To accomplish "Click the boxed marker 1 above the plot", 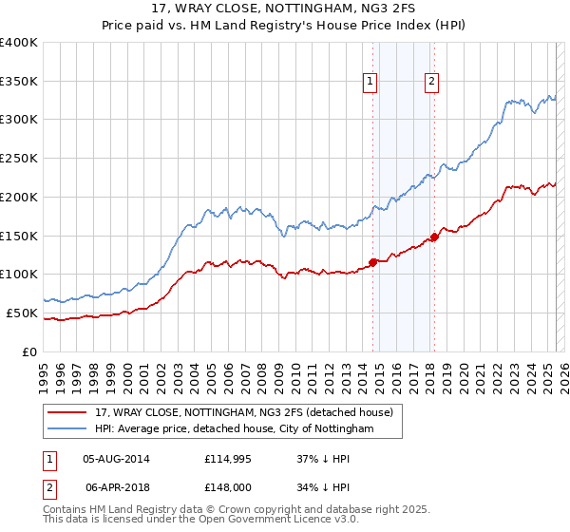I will click(370, 83).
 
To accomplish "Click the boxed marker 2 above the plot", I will click(431, 83).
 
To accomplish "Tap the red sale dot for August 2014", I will click(372, 261).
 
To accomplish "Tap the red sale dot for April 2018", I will click(434, 236).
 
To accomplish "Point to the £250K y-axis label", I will click(19, 159).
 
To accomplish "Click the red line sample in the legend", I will click(68, 411).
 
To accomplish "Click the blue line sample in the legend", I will click(68, 429).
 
